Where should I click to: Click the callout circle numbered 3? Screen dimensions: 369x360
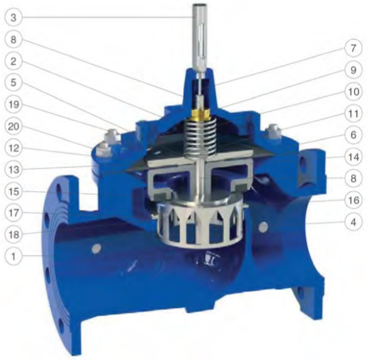(13, 17)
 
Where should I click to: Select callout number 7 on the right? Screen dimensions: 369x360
(353, 48)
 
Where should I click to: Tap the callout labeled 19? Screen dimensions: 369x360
(13, 104)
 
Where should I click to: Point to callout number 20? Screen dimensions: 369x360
(13, 126)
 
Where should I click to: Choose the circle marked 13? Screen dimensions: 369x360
(13, 170)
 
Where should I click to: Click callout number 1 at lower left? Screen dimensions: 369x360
(13, 256)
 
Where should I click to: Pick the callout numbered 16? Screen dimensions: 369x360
(353, 200)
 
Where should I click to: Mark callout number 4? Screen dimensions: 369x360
(353, 222)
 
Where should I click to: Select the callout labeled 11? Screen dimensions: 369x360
(353, 113)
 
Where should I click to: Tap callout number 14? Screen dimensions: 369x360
(353, 157)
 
